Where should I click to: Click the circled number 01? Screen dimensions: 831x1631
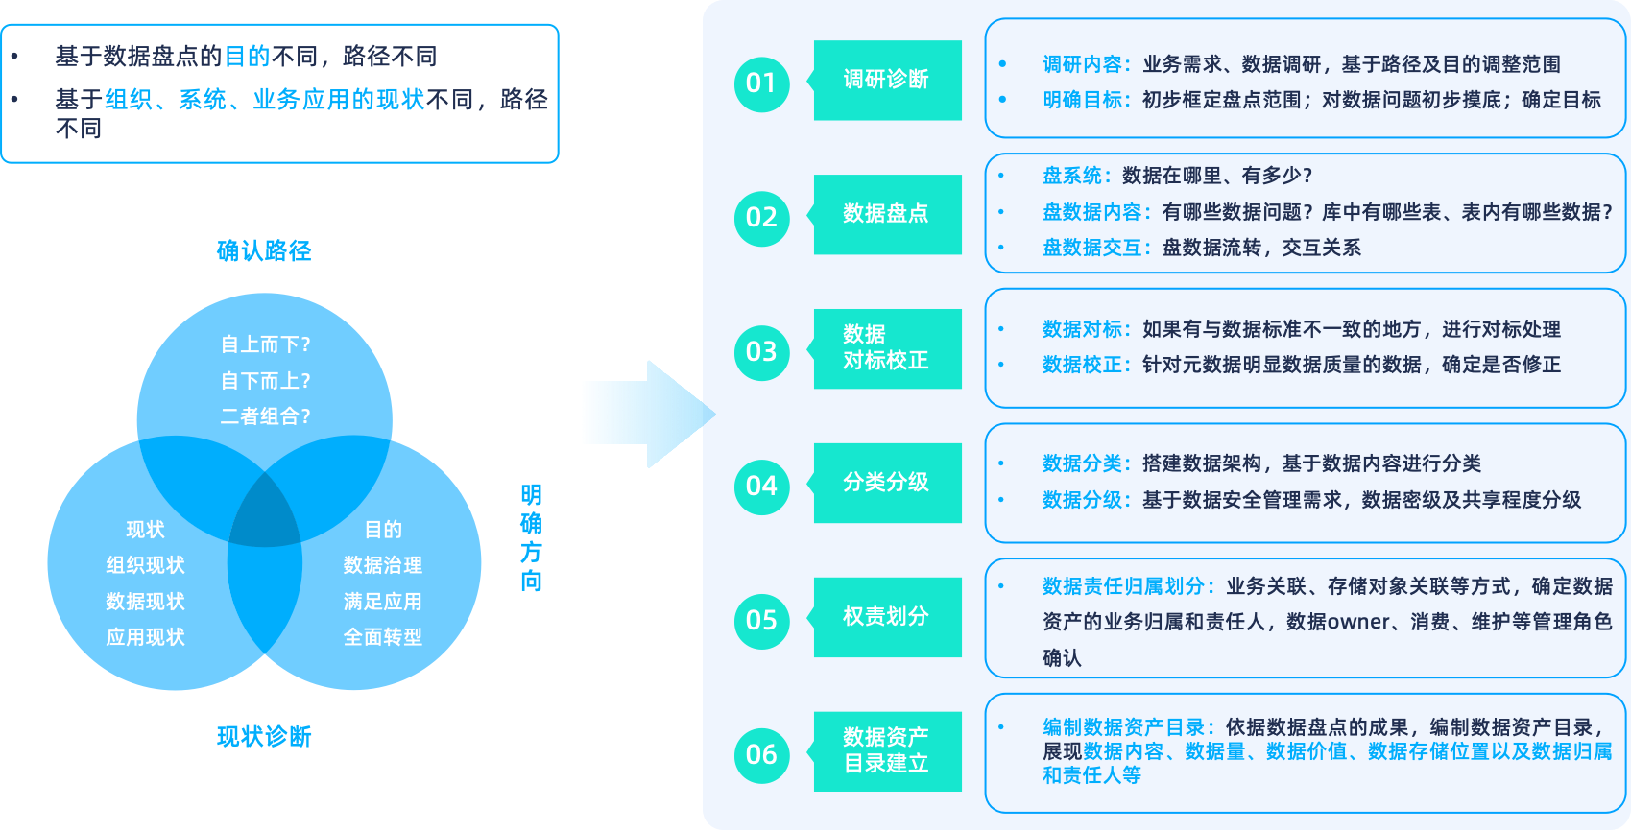click(761, 83)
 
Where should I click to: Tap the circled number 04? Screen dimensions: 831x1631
click(761, 487)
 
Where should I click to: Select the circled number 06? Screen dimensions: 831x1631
click(761, 755)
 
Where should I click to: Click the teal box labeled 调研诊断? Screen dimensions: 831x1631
click(887, 81)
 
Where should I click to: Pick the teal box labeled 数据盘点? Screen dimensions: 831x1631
click(887, 214)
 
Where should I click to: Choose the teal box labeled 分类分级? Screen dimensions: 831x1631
click(887, 483)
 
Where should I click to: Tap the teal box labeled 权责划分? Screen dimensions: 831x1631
click(887, 617)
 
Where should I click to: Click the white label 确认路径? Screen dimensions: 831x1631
click(264, 251)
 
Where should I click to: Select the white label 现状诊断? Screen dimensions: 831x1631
click(264, 737)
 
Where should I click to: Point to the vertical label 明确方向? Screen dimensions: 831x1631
click(532, 538)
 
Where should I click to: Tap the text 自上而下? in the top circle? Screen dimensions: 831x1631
click(265, 344)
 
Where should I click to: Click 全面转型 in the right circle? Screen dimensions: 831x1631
click(382, 637)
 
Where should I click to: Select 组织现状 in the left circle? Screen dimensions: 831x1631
click(145, 565)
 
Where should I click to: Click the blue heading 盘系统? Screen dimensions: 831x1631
click(1077, 176)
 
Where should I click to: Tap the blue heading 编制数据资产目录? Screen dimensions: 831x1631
click(1129, 727)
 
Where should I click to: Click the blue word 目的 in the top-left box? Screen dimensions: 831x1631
click(247, 57)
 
